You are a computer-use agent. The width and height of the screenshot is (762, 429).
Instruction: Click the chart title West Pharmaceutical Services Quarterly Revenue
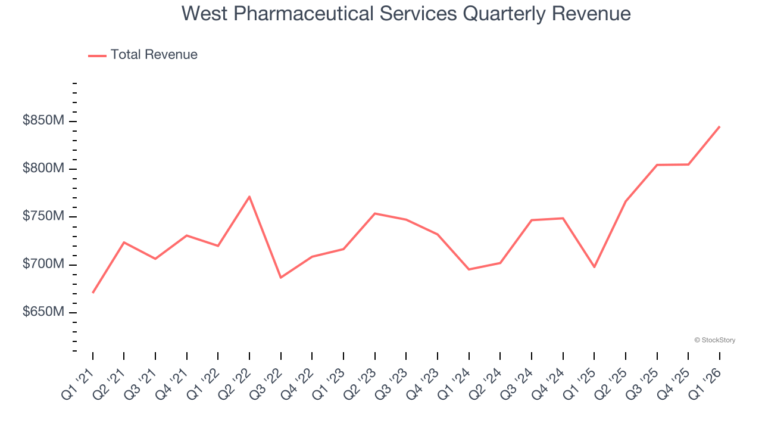coord(406,13)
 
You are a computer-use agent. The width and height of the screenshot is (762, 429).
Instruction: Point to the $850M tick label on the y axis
coord(43,121)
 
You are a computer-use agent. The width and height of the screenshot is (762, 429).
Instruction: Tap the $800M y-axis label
coord(43,169)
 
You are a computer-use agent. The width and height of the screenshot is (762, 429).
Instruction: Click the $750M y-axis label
coord(43,216)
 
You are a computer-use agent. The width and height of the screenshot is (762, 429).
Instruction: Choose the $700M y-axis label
coord(43,264)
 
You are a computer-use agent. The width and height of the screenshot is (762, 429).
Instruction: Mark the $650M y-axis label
coord(43,312)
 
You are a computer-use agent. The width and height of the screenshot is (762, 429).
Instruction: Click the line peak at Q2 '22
coord(249,197)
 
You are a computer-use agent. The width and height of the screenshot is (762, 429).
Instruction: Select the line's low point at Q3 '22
coord(281,278)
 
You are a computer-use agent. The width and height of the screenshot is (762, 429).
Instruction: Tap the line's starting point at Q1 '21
coord(93,293)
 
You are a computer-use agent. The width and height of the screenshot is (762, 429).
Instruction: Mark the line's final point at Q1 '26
coord(720,126)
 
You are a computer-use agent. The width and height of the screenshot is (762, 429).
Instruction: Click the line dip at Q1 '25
coord(594,267)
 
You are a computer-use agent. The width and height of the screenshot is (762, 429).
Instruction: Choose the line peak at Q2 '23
coord(375,213)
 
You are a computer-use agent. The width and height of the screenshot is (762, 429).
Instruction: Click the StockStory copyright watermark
coord(714,340)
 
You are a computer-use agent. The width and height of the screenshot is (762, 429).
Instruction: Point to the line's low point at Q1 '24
coord(469,269)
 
